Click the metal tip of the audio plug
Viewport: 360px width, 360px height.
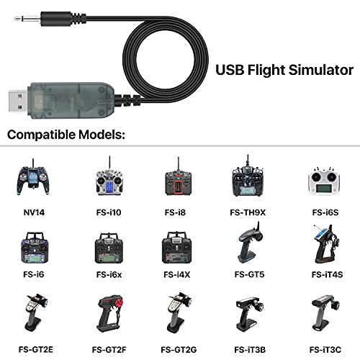[x=27, y=18]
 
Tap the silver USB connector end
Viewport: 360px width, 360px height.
[x=19, y=101]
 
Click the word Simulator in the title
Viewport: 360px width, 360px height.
[x=321, y=70]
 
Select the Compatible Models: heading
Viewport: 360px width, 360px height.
[x=66, y=135]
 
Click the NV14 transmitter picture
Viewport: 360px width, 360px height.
[x=33, y=177]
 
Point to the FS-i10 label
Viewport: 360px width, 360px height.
[x=109, y=212]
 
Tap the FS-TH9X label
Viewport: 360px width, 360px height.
[x=248, y=212]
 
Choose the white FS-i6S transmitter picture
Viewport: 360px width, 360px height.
[x=325, y=181]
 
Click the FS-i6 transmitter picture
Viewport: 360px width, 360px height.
[x=35, y=247]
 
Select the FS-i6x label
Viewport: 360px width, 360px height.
[x=109, y=274]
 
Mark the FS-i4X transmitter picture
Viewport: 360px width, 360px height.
[x=177, y=247]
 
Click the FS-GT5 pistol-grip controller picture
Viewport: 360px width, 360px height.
[x=250, y=243]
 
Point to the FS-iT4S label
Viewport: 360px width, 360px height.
[x=327, y=274]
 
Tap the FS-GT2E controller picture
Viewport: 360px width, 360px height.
[x=36, y=312]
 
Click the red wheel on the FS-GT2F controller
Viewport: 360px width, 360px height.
[x=118, y=302]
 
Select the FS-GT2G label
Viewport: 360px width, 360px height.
[x=179, y=350]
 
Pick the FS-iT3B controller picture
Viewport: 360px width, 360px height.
[x=250, y=314]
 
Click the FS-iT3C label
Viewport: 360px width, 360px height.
[x=325, y=350]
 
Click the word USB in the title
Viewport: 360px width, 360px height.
[x=230, y=70]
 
